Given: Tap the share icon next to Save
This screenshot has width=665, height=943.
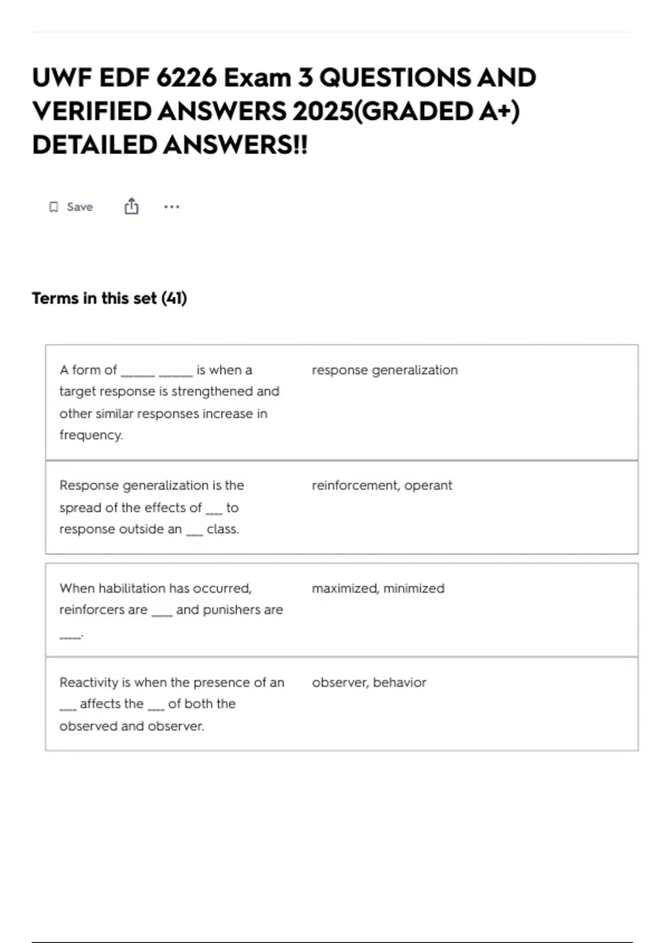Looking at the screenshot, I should tap(131, 206).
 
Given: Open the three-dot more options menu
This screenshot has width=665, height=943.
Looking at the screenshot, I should tap(172, 207).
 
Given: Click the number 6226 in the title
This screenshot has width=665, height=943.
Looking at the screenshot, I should tap(186, 78).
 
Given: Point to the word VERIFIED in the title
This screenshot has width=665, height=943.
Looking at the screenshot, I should tap(91, 111).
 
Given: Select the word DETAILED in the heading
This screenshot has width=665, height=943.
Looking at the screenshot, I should tap(94, 145).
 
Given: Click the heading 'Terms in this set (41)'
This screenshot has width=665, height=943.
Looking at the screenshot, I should tap(109, 298).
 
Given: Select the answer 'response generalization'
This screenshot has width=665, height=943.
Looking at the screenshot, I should tap(385, 370).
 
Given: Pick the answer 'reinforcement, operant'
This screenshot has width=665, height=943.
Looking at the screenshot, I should tap(382, 485).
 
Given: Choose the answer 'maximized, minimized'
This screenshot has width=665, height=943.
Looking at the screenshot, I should tap(378, 588).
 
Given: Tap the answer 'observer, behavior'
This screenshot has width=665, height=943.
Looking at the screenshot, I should tap(369, 682).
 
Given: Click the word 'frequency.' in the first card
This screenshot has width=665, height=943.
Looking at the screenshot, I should tap(91, 435).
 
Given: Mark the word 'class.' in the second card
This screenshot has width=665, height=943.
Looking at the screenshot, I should tap(223, 529).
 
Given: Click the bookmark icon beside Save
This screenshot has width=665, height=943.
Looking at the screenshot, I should tap(54, 207).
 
